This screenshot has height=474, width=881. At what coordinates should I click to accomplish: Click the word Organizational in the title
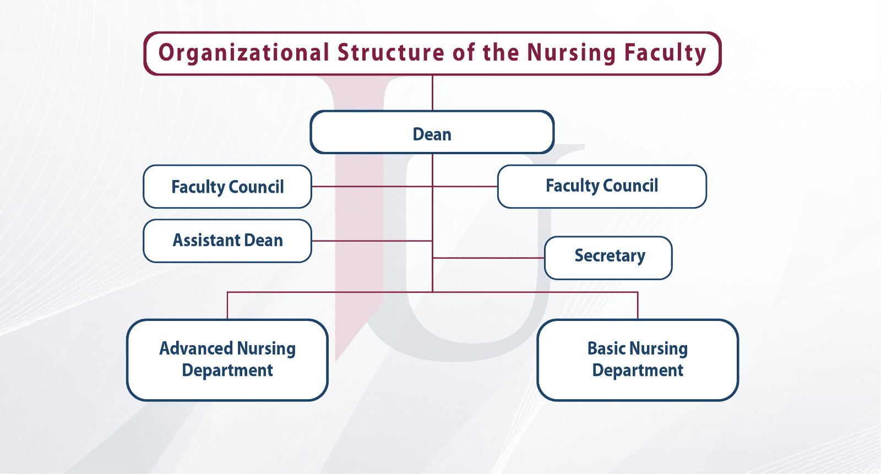pyautogui.click(x=243, y=53)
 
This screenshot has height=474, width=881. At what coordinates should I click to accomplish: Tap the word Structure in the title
pyautogui.click(x=391, y=52)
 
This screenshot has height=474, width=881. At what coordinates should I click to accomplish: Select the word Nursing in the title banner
pyautogui.click(x=572, y=53)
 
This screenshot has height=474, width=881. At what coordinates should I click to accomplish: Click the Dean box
pyautogui.click(x=432, y=132)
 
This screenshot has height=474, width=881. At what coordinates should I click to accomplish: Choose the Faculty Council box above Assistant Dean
pyautogui.click(x=227, y=187)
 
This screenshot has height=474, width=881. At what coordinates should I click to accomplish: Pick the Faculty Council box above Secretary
pyautogui.click(x=602, y=187)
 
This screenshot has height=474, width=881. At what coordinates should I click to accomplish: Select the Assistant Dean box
pyautogui.click(x=227, y=241)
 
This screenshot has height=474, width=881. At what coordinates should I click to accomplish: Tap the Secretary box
pyautogui.click(x=608, y=258)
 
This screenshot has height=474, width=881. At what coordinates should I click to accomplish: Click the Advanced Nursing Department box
pyautogui.click(x=227, y=360)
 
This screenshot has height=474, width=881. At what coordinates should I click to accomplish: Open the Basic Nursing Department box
pyautogui.click(x=638, y=360)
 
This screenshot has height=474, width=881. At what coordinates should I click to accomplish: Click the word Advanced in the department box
pyautogui.click(x=196, y=348)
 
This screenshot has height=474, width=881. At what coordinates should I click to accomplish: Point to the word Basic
pyautogui.click(x=606, y=348)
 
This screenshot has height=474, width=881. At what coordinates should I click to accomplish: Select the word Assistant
pyautogui.click(x=206, y=241)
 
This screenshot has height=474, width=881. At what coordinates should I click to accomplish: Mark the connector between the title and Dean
pyautogui.click(x=432, y=93)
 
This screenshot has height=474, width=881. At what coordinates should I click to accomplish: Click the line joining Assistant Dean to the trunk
pyautogui.click(x=372, y=241)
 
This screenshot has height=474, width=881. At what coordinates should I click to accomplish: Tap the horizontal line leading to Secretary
pyautogui.click(x=488, y=258)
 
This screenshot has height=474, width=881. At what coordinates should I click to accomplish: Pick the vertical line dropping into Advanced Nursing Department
pyautogui.click(x=227, y=306)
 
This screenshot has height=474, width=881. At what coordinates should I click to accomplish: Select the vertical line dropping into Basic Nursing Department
pyautogui.click(x=638, y=306)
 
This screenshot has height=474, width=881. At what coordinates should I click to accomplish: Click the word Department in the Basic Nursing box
pyautogui.click(x=638, y=371)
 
